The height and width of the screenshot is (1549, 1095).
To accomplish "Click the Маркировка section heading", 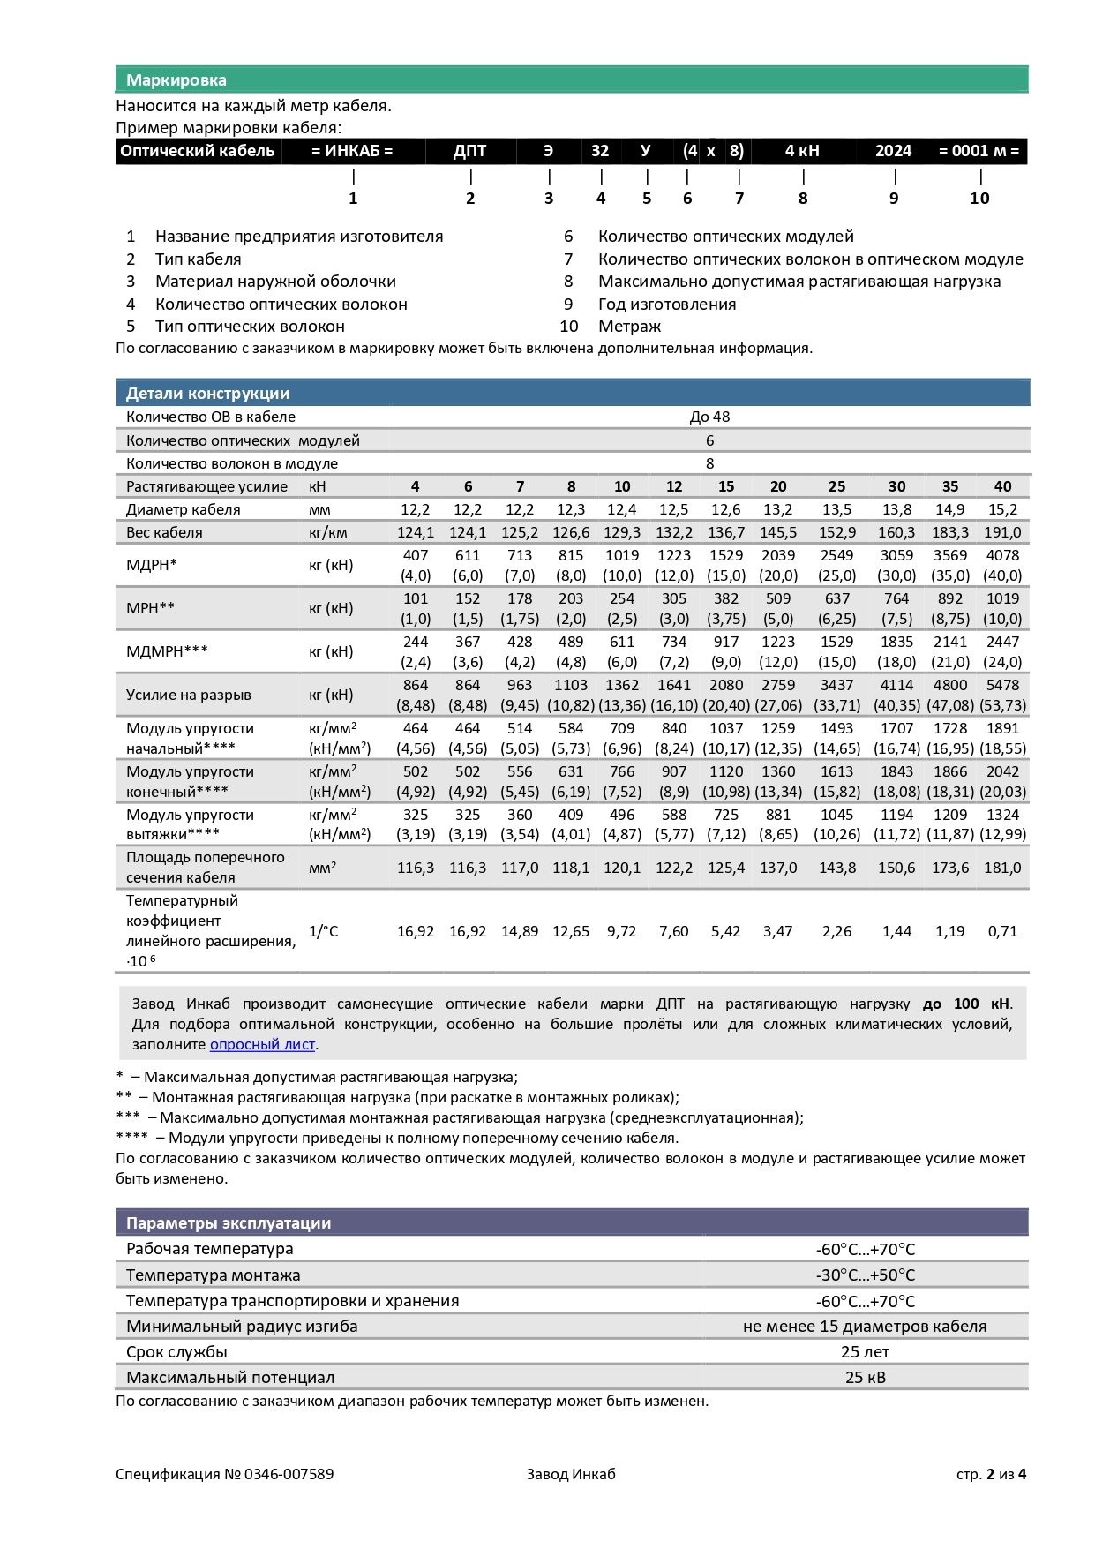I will pyautogui.click(x=176, y=80).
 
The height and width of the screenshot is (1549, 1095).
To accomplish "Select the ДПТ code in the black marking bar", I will pyautogui.click(x=469, y=151).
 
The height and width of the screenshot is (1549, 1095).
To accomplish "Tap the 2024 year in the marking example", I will pyautogui.click(x=893, y=151).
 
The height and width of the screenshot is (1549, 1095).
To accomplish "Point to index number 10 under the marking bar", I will pyautogui.click(x=979, y=199).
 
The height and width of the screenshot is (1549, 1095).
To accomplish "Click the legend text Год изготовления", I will pyautogui.click(x=666, y=305).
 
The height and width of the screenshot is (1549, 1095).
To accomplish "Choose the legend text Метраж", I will pyautogui.click(x=629, y=327).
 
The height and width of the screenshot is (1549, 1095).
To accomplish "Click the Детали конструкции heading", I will pyautogui.click(x=207, y=394).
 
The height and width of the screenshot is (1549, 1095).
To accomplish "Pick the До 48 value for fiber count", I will pyautogui.click(x=709, y=417).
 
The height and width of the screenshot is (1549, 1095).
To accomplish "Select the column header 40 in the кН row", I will pyautogui.click(x=1002, y=486).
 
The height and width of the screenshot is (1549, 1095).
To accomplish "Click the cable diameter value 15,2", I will pyautogui.click(x=1002, y=509).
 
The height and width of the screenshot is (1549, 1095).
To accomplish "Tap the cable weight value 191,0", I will pyautogui.click(x=1002, y=532).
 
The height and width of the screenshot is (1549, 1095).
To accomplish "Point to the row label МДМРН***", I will pyautogui.click(x=167, y=651).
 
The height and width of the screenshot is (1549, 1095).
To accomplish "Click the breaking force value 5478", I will pyautogui.click(x=1002, y=685).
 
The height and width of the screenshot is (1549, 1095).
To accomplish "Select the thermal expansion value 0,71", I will pyautogui.click(x=1002, y=931).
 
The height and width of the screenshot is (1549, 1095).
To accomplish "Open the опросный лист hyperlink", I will pyautogui.click(x=262, y=1044).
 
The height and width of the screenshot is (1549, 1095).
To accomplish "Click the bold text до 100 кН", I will pyautogui.click(x=965, y=1004).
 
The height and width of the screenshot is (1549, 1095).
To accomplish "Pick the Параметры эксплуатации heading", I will pyautogui.click(x=228, y=1223).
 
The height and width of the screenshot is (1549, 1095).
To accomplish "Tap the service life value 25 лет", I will pyautogui.click(x=865, y=1352).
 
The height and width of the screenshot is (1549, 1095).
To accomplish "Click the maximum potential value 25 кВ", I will pyautogui.click(x=865, y=1378).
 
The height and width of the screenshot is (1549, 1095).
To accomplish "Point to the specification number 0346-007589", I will pyautogui.click(x=289, y=1474).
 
